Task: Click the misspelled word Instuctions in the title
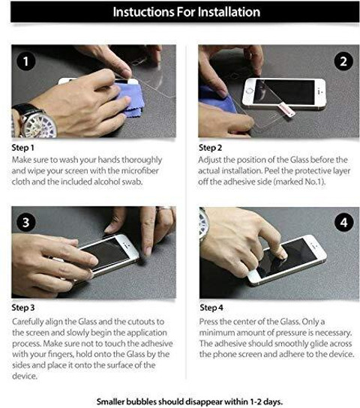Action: pos(143,12)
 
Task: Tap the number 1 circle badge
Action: pos(26,61)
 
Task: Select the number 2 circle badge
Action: pos(343,61)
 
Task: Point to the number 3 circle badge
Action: pos(26,223)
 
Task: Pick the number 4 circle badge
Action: pos(343,223)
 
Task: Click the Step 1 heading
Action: pos(23,148)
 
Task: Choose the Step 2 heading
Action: pos(211,148)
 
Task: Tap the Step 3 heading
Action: pos(23,307)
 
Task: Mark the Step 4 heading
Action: pos(211,307)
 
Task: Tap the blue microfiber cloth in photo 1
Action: pos(130,100)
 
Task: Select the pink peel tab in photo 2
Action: pos(286,109)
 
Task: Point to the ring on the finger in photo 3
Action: pos(163,208)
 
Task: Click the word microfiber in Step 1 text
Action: pos(140,171)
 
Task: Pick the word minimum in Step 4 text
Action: pos(217,333)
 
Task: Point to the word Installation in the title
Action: pos(229,12)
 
